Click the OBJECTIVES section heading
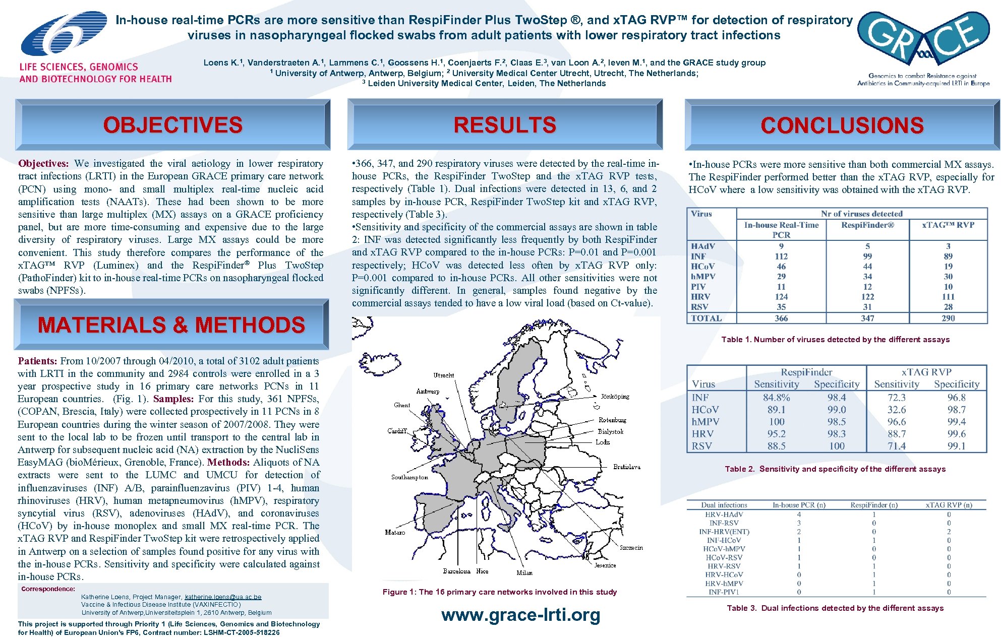[172, 125]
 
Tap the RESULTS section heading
[505, 125]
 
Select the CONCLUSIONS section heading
[842, 125]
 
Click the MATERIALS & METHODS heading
[171, 325]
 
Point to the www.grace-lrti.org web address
[520, 615]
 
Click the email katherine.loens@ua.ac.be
[223, 597]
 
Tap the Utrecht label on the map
[443, 375]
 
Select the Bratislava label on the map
[626, 467]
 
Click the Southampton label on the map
[409, 477]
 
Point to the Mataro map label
[395, 532]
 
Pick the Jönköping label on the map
[615, 397]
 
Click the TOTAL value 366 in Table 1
[781, 318]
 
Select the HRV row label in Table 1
[700, 297]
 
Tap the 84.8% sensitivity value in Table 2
[776, 398]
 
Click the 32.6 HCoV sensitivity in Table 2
[896, 410]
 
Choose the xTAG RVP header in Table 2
[926, 372]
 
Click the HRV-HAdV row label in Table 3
[724, 515]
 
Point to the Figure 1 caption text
[499, 592]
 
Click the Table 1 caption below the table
[835, 340]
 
